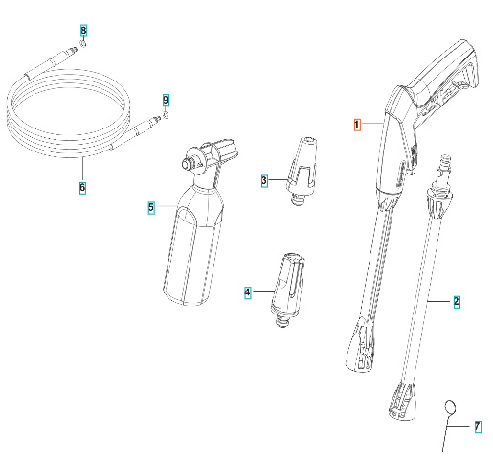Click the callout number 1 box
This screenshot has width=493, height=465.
[x=357, y=125]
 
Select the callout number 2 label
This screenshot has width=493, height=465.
[x=457, y=301]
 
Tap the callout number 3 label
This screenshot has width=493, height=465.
[x=264, y=179]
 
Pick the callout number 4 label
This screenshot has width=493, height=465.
[x=247, y=291]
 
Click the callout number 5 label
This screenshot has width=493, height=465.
[x=150, y=206]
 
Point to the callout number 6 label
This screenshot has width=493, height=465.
[x=82, y=187]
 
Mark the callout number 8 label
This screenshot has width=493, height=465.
[x=83, y=33]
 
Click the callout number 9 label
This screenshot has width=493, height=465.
[x=166, y=100]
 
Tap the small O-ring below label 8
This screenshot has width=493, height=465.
[x=84, y=46]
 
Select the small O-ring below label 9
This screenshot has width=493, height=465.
[x=166, y=114]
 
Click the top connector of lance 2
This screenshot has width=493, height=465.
[x=443, y=171]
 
